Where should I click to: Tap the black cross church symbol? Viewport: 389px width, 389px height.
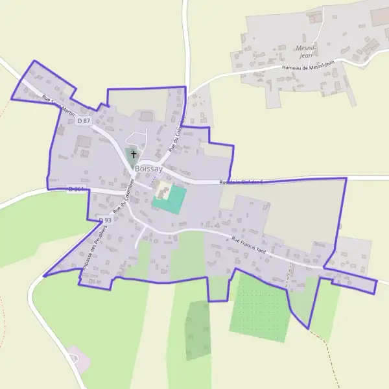point(134,154)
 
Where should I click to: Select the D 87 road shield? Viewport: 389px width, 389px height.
point(84,121)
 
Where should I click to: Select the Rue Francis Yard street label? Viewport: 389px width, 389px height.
point(249,245)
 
